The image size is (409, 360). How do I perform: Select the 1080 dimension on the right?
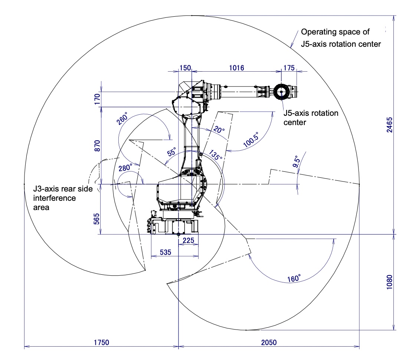click(389, 282)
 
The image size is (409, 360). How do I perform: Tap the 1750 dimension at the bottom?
click(101, 342)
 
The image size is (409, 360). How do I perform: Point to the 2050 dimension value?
click(268, 342)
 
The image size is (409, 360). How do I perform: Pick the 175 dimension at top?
click(289, 68)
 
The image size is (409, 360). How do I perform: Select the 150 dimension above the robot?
click(185, 68)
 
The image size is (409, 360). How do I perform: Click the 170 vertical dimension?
click(97, 99)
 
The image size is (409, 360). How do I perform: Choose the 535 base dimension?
click(165, 252)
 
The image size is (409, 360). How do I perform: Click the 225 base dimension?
click(189, 240)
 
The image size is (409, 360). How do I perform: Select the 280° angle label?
click(125, 168)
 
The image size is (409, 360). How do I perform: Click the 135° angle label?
click(215, 155)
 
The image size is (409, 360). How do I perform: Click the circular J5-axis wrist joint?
click(281, 91)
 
